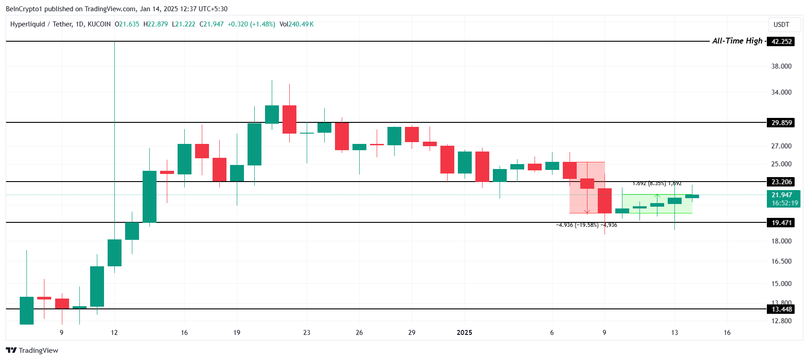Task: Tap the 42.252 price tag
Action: point(781,42)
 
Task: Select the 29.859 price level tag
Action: point(781,123)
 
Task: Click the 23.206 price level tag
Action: point(781,182)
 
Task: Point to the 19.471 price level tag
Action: point(781,223)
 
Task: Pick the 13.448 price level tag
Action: point(781,309)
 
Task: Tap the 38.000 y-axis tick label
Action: point(781,66)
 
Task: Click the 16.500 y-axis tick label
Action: point(781,261)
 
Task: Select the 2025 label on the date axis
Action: point(464,333)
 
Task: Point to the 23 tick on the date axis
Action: point(307,333)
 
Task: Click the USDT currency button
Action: point(781,25)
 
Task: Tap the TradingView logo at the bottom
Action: point(32,351)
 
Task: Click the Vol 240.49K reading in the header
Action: point(296,24)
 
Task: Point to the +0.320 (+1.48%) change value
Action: point(251,24)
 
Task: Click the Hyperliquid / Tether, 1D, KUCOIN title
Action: point(60,24)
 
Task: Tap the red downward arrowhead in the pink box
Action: point(587,212)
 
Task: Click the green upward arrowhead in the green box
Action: point(657,195)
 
